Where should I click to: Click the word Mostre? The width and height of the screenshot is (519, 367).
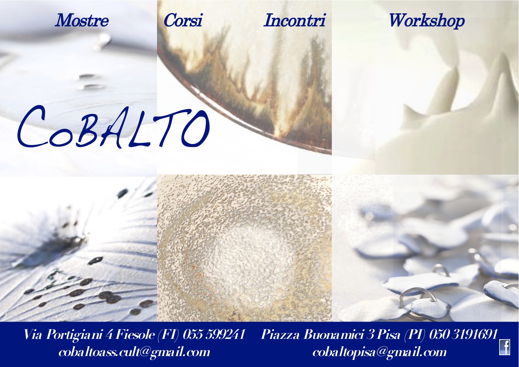click(82, 21)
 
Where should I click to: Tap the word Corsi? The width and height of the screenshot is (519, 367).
click(183, 21)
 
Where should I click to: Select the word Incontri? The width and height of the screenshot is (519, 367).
click(295, 21)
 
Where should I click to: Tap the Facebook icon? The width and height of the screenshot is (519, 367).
click(505, 347)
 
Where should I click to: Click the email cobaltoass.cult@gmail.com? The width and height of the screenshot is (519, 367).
click(134, 352)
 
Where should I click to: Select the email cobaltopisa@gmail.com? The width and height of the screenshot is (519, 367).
click(379, 352)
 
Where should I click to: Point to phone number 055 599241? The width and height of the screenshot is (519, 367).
click(214, 334)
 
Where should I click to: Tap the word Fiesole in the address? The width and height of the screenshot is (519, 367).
click(135, 334)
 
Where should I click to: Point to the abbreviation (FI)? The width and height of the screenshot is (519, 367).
click(168, 335)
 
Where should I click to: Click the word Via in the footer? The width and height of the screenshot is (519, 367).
click(33, 334)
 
